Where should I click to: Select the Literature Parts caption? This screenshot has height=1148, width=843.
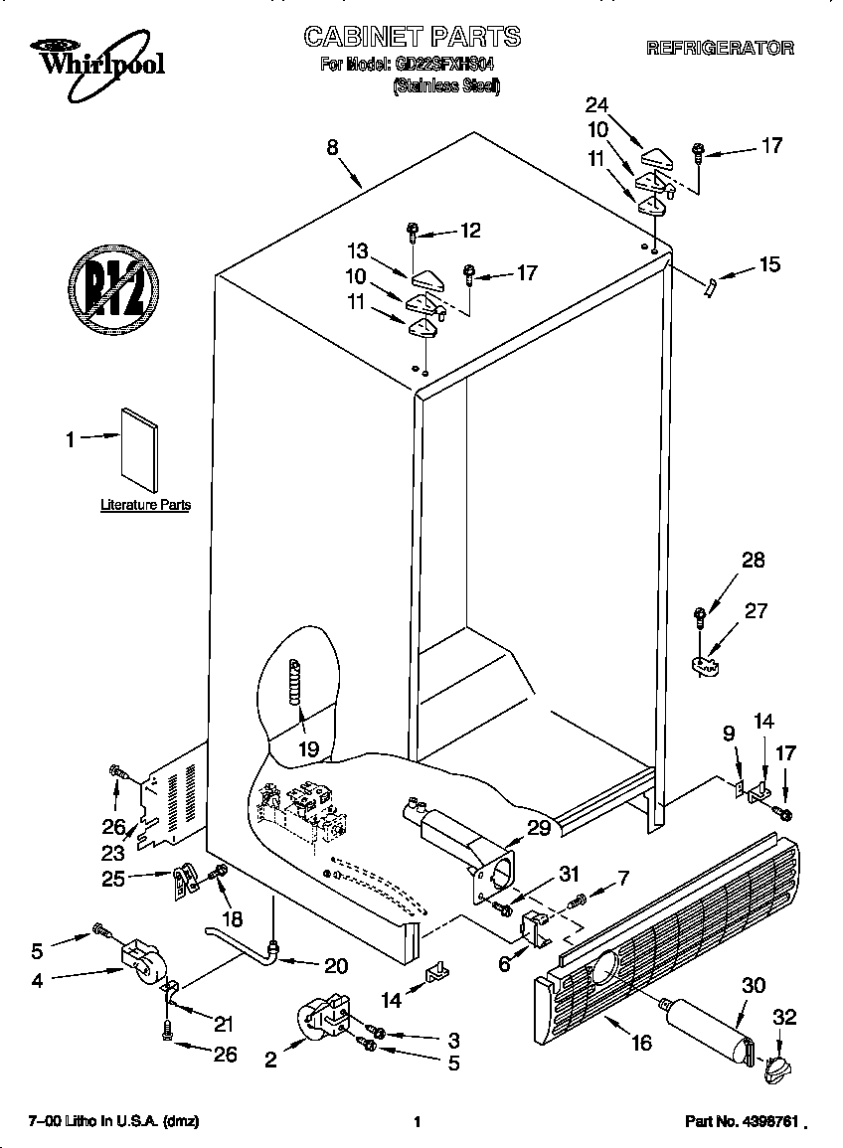pos(145,505)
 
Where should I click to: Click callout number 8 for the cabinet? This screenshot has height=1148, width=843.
pos(332,147)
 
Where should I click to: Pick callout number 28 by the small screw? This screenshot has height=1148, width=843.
pos(753,561)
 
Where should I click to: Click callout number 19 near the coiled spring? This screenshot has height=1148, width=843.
pos(308,748)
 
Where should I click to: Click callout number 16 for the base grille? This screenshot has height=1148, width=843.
pos(641,1042)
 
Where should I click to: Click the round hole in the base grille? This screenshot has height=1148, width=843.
pos(603,964)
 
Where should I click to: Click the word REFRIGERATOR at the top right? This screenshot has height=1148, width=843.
pos(719,47)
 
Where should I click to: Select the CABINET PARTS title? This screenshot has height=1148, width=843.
pos(412,37)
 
